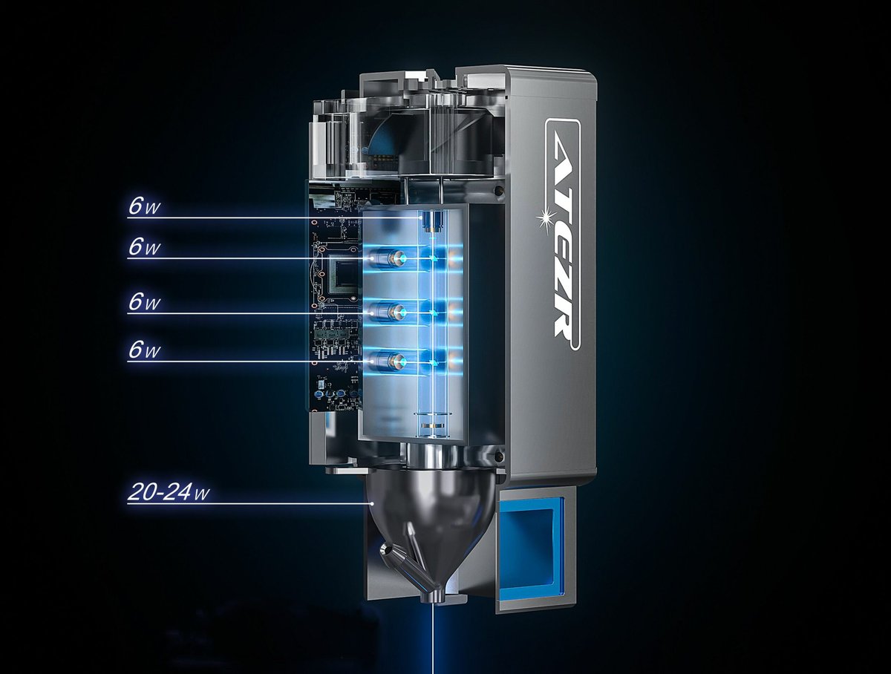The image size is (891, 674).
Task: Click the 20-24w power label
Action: coord(169,492)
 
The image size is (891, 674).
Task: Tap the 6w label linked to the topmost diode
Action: coord(145,207)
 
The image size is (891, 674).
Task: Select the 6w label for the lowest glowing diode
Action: coord(145,350)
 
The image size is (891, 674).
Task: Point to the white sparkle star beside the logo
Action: coord(546,219)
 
